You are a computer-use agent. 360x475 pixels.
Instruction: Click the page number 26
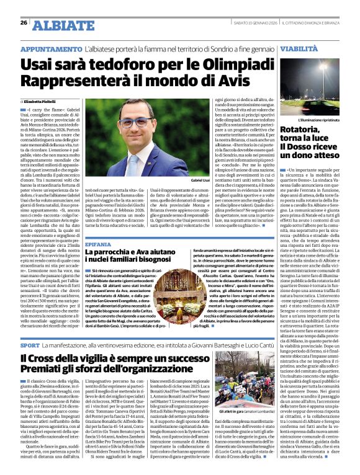pyautogui.click(x=24, y=23)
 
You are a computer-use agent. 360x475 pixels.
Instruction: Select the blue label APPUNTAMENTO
pyautogui.click(x=52, y=48)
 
